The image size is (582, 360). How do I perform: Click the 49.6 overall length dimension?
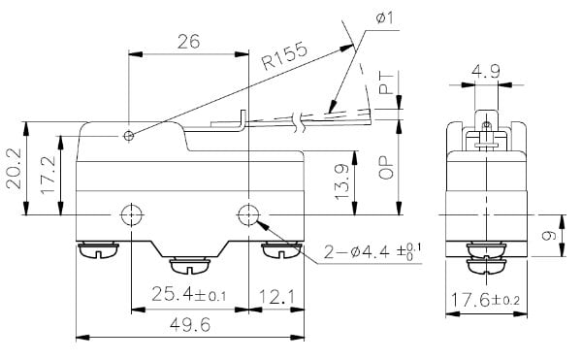tap(190, 325)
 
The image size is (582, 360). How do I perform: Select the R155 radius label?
tap(284, 56)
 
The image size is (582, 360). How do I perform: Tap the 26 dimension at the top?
tap(188, 42)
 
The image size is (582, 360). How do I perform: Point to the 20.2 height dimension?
tap(14, 168)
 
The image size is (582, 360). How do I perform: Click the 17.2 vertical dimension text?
tap(48, 175)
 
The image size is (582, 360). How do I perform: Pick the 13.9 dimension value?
tap(341, 181)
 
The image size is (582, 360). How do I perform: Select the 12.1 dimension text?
tap(276, 297)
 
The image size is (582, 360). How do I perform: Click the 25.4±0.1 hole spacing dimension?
tap(189, 295)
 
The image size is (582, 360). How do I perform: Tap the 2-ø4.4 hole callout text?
tap(372, 252)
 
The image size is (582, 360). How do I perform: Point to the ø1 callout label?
tap(384, 17)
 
